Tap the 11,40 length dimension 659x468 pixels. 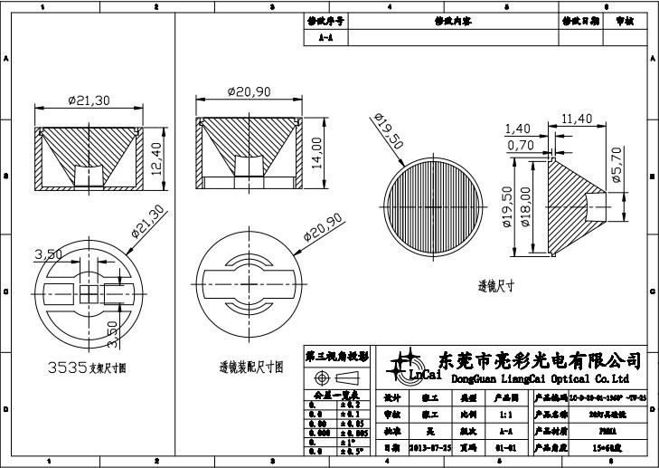[576, 119]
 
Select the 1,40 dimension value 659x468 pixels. [518, 129]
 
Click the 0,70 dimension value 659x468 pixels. [520, 145]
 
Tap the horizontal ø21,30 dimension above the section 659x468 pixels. [89, 100]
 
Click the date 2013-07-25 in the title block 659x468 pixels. [429, 447]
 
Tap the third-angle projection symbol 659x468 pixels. [335, 376]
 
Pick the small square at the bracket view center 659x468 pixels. [89, 292]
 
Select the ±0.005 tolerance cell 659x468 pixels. [353, 433]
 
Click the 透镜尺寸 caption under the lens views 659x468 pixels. [495, 286]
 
